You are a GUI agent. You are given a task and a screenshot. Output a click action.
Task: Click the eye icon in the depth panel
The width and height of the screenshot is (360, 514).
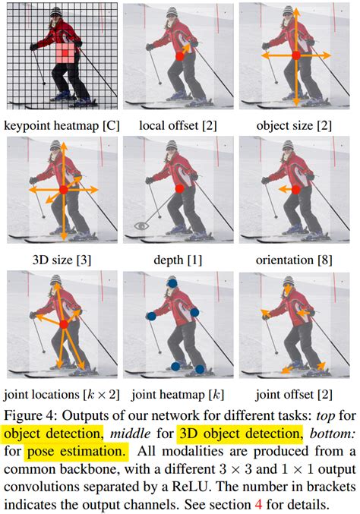coord(140,225)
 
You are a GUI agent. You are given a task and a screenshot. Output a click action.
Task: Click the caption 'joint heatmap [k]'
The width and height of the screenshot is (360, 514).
coord(178,395)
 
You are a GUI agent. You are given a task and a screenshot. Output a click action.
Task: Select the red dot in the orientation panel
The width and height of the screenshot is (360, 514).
coord(296,189)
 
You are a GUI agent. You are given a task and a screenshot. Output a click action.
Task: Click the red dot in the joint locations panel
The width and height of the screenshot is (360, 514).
coord(64,323)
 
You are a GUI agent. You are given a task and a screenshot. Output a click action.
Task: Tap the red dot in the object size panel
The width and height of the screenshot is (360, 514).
coord(296,55)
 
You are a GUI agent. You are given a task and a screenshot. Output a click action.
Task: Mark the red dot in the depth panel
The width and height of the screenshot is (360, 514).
coord(179,188)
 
